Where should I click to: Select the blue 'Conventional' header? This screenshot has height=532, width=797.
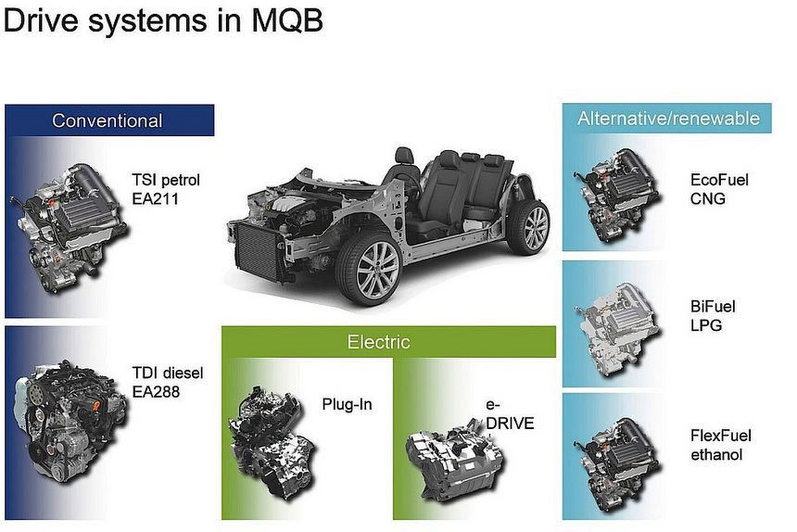coord(108,120)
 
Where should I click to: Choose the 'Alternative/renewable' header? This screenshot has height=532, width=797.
coord(667,118)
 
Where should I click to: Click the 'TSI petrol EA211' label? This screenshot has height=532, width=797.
coord(166,187)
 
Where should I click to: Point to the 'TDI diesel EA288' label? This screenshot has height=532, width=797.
coord(168,382)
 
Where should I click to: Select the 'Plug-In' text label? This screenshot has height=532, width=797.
coord(347,404)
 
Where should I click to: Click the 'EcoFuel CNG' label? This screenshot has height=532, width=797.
coord(719,188)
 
